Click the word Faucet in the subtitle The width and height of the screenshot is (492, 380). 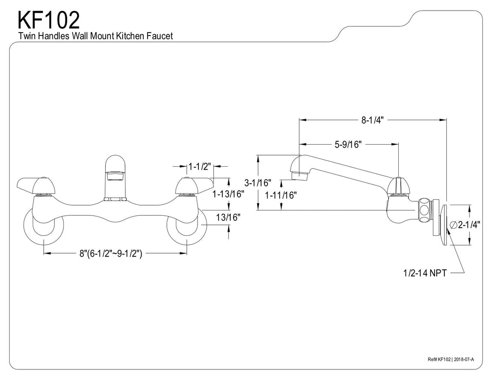[160, 36]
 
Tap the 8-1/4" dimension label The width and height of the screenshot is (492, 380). [372, 120]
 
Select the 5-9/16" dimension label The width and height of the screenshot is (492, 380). [348, 144]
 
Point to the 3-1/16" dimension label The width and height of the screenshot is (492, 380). [258, 182]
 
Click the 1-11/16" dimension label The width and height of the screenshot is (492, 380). [281, 195]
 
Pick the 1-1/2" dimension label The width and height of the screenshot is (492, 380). [199, 166]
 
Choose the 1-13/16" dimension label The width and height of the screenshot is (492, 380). [228, 194]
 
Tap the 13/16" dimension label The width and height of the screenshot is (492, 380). [228, 217]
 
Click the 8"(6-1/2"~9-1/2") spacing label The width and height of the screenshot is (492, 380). [111, 253]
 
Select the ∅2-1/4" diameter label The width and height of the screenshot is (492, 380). [465, 225]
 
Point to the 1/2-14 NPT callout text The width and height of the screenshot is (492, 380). [425, 273]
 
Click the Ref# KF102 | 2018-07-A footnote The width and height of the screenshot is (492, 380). [451, 359]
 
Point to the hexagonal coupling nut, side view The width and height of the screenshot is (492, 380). [425, 210]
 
